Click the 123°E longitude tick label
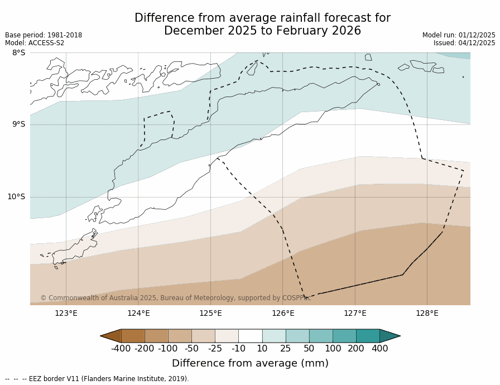[x=66, y=313]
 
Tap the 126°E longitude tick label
[x=283, y=313]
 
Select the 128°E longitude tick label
[x=427, y=313]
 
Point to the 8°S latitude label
[x=18, y=53]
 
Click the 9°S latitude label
[x=18, y=124]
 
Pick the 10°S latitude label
[x=16, y=196]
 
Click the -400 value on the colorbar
[x=121, y=349]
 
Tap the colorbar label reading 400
[x=379, y=349]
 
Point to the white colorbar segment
[x=250, y=336]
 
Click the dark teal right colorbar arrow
[x=390, y=336]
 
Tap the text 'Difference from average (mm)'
[x=250, y=363]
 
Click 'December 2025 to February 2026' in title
[x=262, y=31]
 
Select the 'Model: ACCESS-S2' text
[x=35, y=43]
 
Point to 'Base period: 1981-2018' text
[x=44, y=35]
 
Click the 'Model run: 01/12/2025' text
[x=459, y=35]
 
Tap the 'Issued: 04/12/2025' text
[x=464, y=43]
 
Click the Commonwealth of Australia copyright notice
[x=175, y=298]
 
